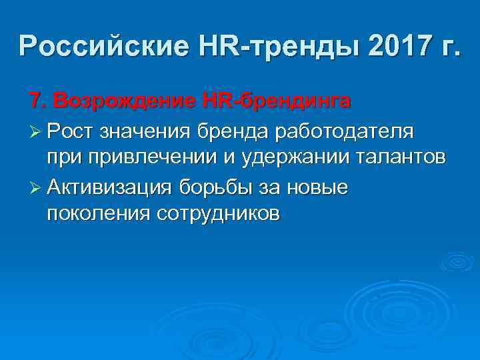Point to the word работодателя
click(345, 131)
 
